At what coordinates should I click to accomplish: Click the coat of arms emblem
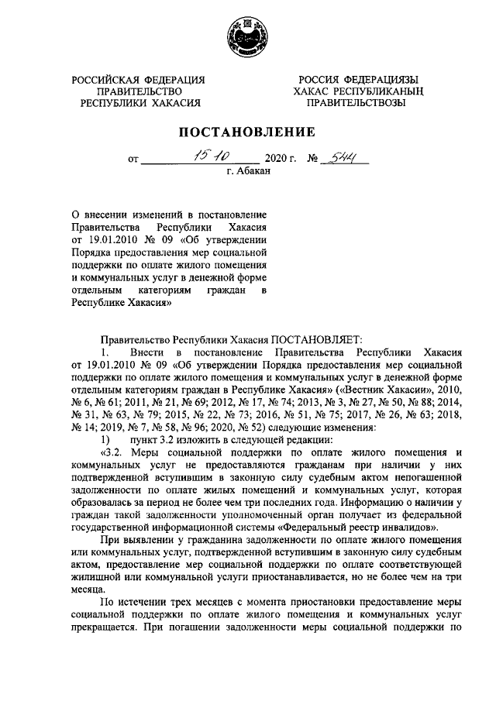[247, 36]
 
